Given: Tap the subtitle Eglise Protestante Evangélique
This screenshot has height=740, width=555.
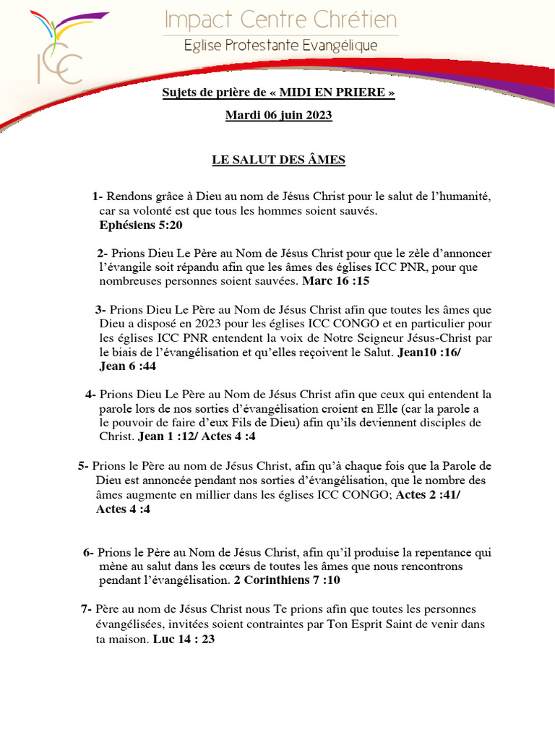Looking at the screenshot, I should point(280,46).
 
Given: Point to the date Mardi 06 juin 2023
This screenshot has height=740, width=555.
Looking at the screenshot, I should point(279,115).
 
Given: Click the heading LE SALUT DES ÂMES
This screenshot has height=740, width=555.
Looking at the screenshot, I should point(279,160).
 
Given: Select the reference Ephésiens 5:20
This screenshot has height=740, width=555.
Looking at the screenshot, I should point(141,225).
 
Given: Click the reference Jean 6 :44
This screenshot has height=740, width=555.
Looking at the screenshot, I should point(127,366).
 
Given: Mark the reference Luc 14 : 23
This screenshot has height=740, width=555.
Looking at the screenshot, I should point(184,639).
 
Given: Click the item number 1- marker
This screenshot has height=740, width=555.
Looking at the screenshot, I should point(98,197).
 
